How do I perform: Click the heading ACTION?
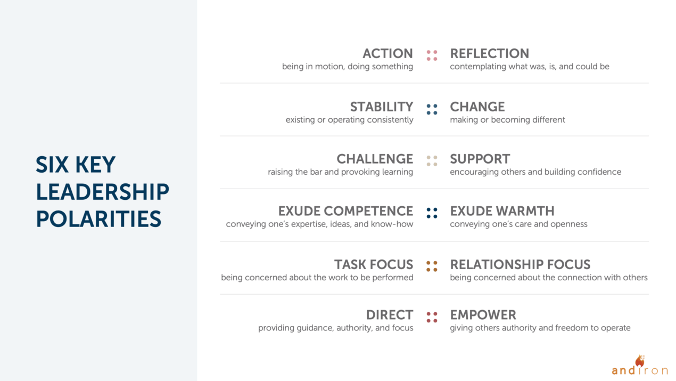(388, 54)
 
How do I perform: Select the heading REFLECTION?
(489, 54)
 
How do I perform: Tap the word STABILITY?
(381, 107)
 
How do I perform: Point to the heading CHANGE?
(477, 107)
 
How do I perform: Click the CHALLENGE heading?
(374, 159)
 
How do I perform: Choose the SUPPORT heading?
(480, 159)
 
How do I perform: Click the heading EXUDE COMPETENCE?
(345, 212)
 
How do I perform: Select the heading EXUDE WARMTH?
(502, 212)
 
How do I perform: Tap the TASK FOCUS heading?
(373, 265)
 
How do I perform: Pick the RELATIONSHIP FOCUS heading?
(520, 265)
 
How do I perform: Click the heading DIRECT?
(389, 315)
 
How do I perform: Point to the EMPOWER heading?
(483, 315)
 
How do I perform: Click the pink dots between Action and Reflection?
(432, 55)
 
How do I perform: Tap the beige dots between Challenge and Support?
(432, 160)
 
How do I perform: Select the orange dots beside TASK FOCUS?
(432, 266)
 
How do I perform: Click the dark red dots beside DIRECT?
(432, 317)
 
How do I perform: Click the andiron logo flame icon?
(640, 361)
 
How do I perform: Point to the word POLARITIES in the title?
(98, 220)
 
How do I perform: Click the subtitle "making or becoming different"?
(507, 120)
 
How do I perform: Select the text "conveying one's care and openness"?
(518, 224)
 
